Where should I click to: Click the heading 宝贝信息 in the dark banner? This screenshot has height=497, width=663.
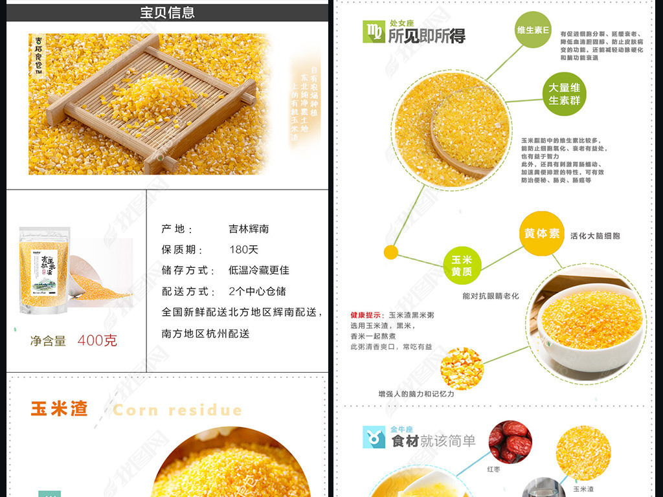tap(167, 12)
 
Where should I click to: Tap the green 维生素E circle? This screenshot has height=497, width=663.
tap(533, 30)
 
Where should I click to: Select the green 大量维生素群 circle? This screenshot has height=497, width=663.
tap(564, 94)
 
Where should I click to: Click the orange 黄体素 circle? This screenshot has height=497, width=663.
tap(541, 234)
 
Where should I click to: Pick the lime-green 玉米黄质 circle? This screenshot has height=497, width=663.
tap(462, 266)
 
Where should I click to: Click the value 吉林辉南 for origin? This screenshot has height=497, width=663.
tap(249, 228)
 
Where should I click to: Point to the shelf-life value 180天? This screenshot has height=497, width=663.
tap(243, 249)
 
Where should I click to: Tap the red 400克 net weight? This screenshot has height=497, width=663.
tap(97, 340)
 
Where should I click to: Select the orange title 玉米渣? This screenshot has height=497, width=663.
tap(59, 409)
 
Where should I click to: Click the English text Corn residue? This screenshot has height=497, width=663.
tap(177, 410)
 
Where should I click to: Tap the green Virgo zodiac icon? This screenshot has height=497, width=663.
tap(374, 32)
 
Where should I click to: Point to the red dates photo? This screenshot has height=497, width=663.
tap(510, 441)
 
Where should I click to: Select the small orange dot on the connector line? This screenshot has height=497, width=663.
tap(390, 252)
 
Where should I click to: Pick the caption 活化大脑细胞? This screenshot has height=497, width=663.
tap(595, 236)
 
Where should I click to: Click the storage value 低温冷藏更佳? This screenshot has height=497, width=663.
tap(259, 270)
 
